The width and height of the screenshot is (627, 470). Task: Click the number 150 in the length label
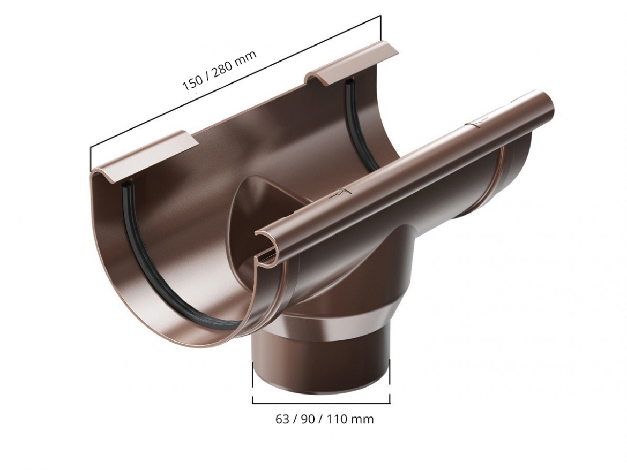pyautogui.click(x=192, y=84)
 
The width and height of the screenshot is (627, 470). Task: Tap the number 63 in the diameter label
pyautogui.click(x=282, y=419)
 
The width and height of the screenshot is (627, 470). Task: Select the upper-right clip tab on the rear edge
pyautogui.click(x=352, y=62)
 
